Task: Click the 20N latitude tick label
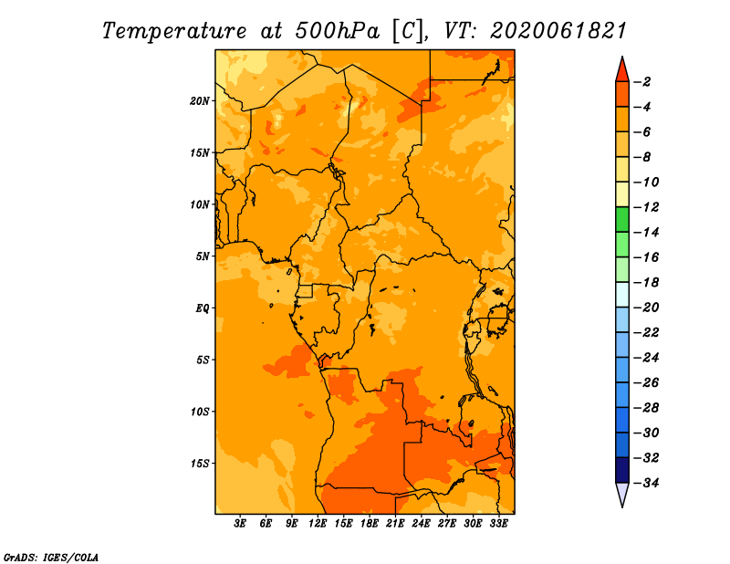(200, 101)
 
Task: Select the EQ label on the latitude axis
(203, 308)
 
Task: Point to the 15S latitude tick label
(200, 464)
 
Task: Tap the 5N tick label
(203, 256)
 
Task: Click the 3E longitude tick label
(240, 523)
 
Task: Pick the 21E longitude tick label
(395, 523)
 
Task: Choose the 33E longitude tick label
(498, 523)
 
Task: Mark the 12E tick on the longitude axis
(318, 523)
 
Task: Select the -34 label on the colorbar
(646, 483)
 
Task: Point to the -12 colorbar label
(646, 207)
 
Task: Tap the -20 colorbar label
(646, 308)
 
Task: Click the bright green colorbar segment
(622, 220)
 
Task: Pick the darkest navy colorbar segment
(622, 470)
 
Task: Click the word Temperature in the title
(174, 31)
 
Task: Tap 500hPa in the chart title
(337, 31)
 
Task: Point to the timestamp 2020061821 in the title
(558, 31)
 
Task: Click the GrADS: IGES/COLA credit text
(51, 558)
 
